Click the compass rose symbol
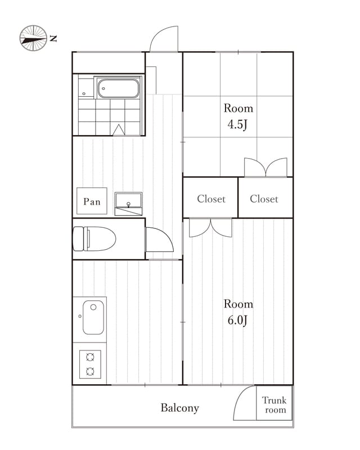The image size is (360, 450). tap(33, 38)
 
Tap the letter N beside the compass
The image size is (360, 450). tap(53, 38)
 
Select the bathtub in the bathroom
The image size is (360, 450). tap(118, 88)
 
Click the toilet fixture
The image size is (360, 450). tap(94, 238)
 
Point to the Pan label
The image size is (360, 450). tap(92, 201)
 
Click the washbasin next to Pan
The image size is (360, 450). tap(128, 204)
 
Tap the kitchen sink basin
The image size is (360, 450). tap(93, 317)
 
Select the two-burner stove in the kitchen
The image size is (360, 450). tap(90, 364)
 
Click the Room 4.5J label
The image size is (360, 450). tap(238, 116)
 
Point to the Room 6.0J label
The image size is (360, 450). tap(238, 312)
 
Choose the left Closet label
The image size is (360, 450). tap(211, 199)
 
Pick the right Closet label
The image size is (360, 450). tap(264, 199)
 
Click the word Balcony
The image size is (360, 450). tap(179, 408)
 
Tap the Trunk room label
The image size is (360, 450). tap(274, 404)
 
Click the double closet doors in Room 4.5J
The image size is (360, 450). tap(265, 166)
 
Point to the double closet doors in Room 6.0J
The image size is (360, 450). tap(210, 228)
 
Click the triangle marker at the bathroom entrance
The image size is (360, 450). tap(119, 130)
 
